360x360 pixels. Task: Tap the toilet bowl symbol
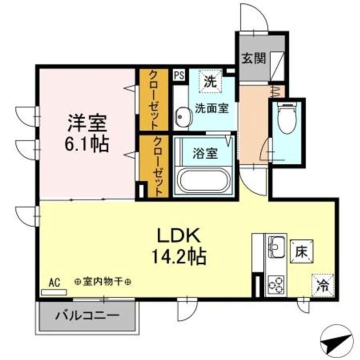pos(287,119)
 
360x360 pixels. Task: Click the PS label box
pos(179,75)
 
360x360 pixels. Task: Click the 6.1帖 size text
pos(87,144)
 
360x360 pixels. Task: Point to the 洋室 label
pos(87,121)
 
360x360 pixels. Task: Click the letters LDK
pos(179,235)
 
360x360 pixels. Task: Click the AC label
pos(54,283)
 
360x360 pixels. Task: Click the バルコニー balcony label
pos(87,316)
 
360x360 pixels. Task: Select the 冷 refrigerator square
pos(322,286)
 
